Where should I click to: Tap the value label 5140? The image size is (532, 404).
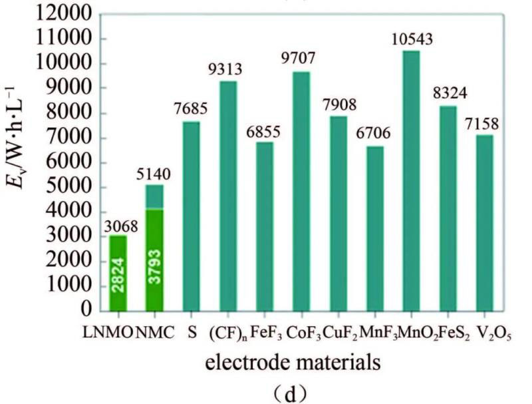(x=155, y=174)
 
